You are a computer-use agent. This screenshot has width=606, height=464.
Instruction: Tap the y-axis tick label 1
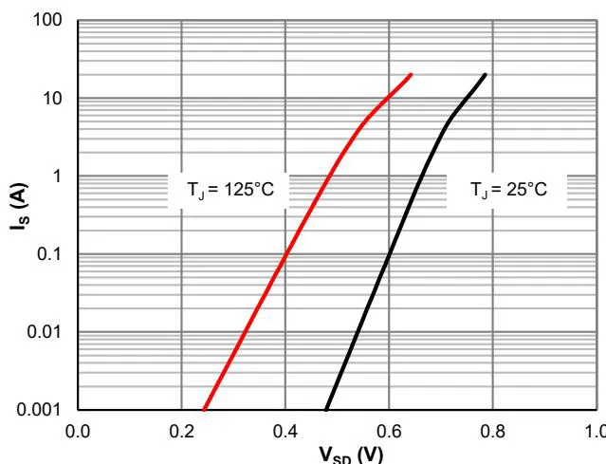point(60,176)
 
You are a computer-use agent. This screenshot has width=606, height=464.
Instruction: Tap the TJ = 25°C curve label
point(516,189)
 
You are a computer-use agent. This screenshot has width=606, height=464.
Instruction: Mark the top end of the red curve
point(411,74)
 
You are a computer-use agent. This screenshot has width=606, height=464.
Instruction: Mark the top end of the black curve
point(486,74)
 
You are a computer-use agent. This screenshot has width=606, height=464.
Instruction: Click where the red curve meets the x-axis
point(204,409)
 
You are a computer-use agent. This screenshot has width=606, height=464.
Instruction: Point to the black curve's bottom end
point(326,409)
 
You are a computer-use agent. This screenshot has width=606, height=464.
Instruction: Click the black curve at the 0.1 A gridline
point(386,254)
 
